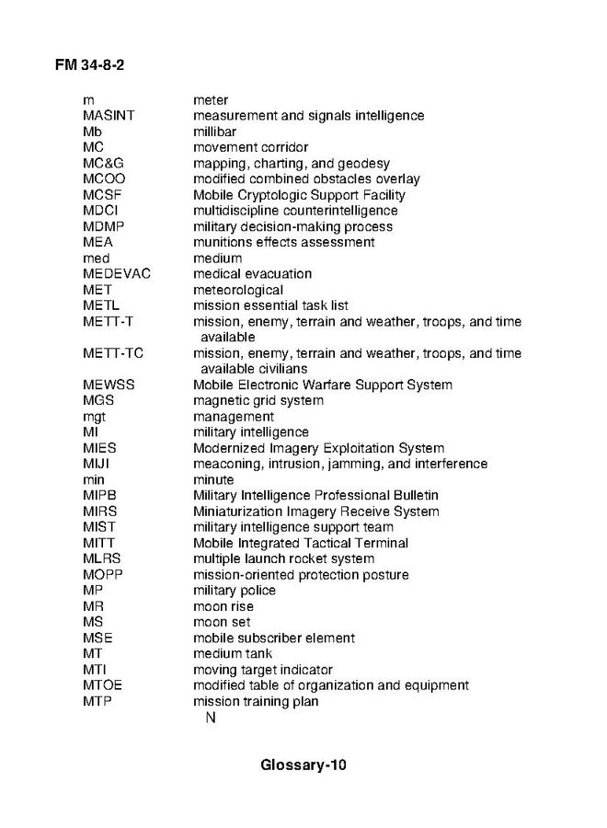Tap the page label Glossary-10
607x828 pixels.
coord(303,765)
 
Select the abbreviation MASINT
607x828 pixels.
coord(109,116)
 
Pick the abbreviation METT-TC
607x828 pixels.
coord(113,353)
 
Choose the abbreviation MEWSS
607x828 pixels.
coord(109,385)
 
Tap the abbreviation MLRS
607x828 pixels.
coord(101,558)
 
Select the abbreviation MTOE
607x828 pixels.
coord(102,685)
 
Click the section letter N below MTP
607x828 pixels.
coord(211,718)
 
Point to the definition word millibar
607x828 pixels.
coord(214,132)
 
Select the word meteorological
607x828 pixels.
coord(238,290)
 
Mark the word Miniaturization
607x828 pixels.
coord(239,512)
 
